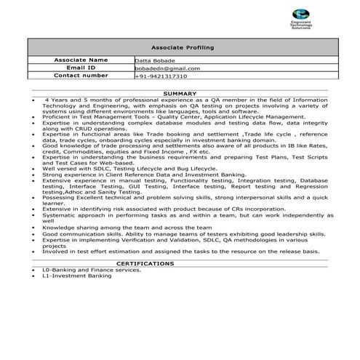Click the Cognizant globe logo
pos(300,15)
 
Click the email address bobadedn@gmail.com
pos(167,68)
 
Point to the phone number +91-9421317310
pos(161,76)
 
